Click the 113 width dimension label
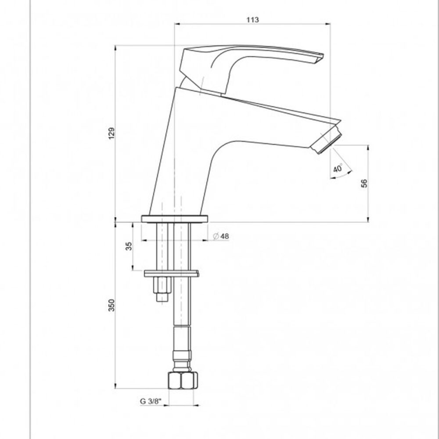click(253, 19)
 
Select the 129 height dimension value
click(112, 133)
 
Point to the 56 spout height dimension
click(364, 183)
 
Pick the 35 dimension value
click(129, 246)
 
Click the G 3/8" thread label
click(151, 401)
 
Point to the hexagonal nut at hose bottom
click(182, 380)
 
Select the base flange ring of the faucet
click(174, 219)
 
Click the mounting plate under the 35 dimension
click(171, 274)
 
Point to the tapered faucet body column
click(180, 154)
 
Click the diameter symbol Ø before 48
click(216, 236)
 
